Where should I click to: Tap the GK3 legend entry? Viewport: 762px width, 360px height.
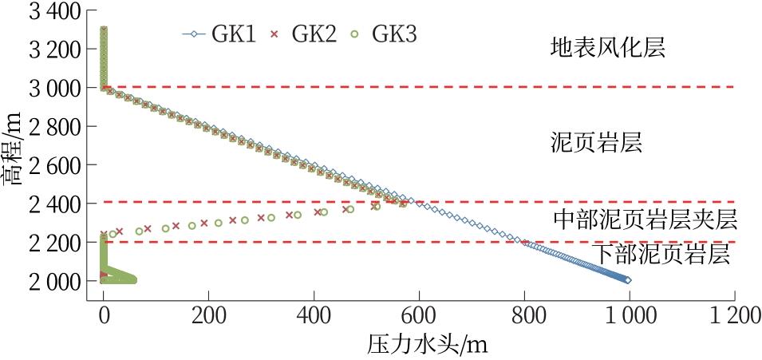pyautogui.click(x=382, y=34)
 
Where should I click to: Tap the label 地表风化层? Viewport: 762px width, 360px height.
pyautogui.click(x=607, y=48)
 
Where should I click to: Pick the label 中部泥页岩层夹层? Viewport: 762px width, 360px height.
pyautogui.click(x=645, y=219)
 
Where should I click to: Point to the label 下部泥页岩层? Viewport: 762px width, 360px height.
pyautogui.click(x=661, y=255)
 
